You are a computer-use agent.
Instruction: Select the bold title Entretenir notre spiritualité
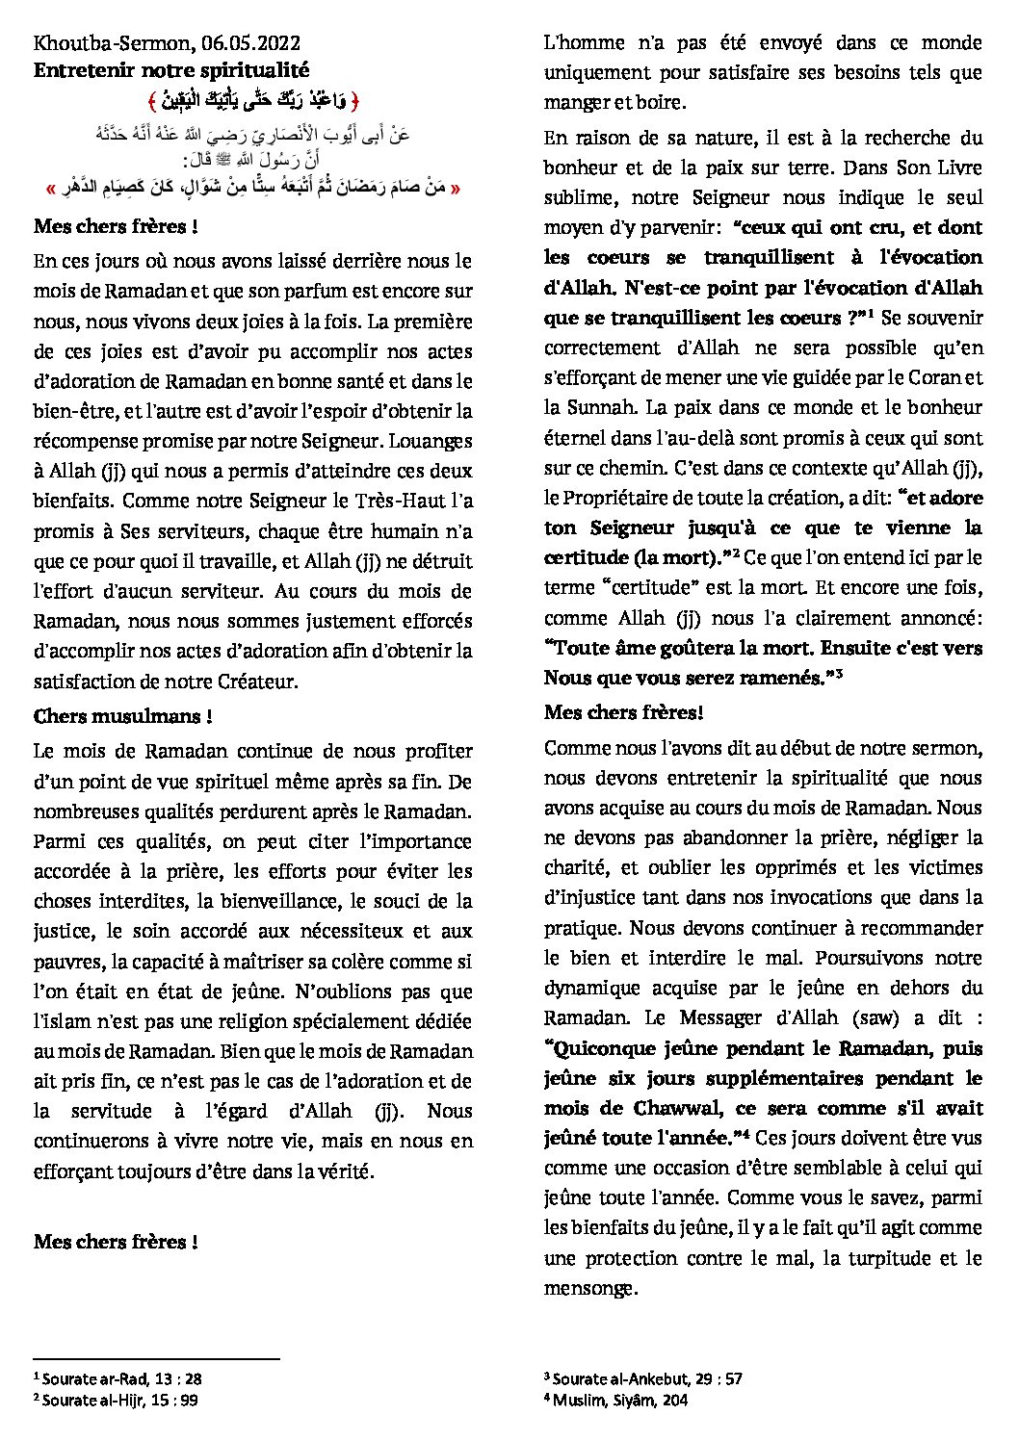(x=171, y=70)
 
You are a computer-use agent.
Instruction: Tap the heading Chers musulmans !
(x=123, y=716)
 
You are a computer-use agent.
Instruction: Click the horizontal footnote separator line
(x=156, y=1360)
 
